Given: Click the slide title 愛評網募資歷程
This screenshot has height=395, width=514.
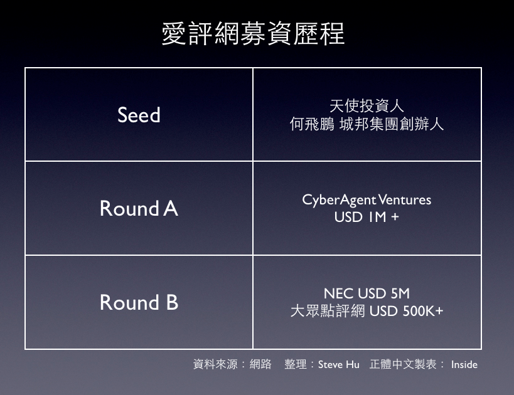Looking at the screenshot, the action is (x=253, y=33).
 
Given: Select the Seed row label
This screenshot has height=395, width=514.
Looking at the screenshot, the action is (x=139, y=115).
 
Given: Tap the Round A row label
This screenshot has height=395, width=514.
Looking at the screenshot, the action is (x=139, y=208).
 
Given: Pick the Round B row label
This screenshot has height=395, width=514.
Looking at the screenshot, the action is (x=139, y=302).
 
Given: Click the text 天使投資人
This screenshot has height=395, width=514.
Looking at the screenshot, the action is (x=367, y=106).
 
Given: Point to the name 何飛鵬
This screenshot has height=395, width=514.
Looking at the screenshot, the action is (x=312, y=124).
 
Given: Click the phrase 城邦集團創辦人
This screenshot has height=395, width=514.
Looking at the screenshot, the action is (x=392, y=124).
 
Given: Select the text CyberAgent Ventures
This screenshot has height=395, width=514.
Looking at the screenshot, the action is (x=367, y=200).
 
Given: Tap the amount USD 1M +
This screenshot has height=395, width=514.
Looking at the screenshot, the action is (x=367, y=217).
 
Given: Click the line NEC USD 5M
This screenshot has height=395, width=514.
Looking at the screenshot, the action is (x=367, y=293).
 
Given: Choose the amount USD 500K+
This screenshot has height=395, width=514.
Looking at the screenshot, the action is (x=407, y=311).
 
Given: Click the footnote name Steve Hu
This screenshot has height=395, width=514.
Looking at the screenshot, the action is (x=339, y=364).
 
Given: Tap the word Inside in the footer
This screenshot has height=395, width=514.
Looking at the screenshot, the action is (x=464, y=364).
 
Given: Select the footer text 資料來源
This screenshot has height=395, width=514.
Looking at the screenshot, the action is (x=215, y=364).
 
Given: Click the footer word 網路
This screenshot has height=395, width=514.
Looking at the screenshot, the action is (x=260, y=364).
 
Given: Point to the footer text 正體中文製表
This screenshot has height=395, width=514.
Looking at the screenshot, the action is (x=403, y=364).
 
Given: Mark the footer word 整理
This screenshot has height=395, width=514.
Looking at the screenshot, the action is (x=296, y=364).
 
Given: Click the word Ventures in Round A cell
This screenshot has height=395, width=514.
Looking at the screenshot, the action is (x=405, y=200).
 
